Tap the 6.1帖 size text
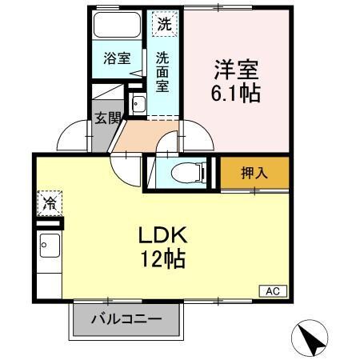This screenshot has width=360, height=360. point(234,94)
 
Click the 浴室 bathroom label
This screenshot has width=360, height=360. point(117,58)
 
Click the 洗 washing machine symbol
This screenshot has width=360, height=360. point(163,24)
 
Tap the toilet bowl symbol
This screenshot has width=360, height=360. point(186,172)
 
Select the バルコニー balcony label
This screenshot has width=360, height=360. point(125,318)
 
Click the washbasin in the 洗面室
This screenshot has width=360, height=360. point(138,102)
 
